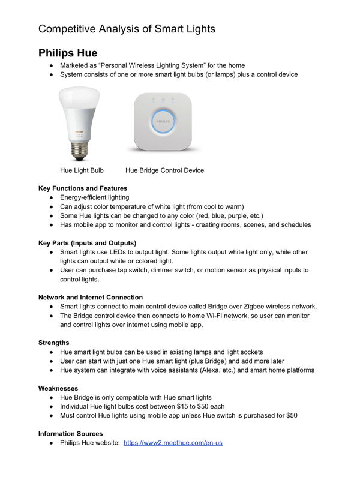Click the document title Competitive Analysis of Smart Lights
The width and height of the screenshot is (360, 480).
(127, 28)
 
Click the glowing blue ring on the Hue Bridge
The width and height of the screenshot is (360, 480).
(163, 120)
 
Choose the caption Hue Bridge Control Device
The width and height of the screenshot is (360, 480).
(164, 170)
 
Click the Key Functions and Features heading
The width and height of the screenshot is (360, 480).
(83, 188)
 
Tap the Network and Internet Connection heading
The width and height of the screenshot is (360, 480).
(91, 297)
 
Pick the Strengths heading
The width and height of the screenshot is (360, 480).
(54, 343)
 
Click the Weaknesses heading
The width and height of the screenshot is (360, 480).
(58, 388)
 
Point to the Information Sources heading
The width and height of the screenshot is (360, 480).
(70, 433)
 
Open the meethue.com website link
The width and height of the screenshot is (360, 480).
(173, 443)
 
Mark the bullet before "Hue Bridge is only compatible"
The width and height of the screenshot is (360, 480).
(53, 397)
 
